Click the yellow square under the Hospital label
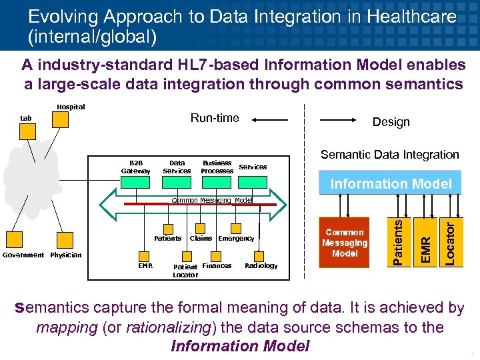point(61,119)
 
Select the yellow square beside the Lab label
point(27,131)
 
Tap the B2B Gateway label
point(136,167)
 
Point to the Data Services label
point(177,167)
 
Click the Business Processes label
point(217,167)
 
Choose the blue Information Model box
point(391,184)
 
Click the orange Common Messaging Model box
point(345,243)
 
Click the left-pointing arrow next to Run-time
point(270,121)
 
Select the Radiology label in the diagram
point(261,266)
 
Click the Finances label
point(217,266)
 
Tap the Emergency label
point(236,238)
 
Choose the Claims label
point(201,238)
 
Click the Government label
point(23,255)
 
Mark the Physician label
point(66,255)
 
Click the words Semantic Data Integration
point(389,155)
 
